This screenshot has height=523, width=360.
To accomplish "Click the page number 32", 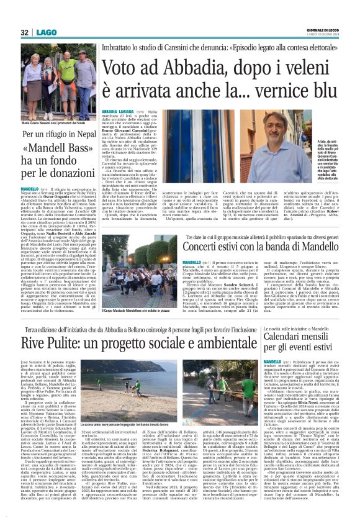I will [x=25, y=32].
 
